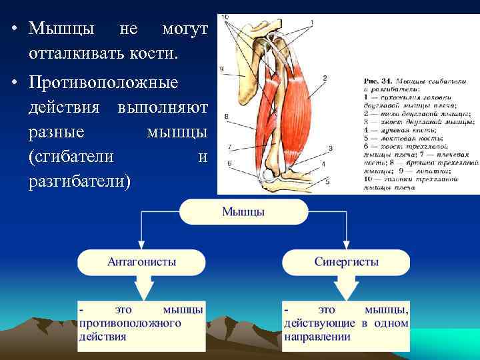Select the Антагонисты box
(142, 262)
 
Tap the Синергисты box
(346, 262)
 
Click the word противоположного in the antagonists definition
(131, 323)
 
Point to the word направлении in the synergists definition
(317, 337)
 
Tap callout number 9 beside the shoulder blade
(221, 69)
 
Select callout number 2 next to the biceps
(325, 78)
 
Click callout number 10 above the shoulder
(225, 17)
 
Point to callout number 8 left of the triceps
(227, 117)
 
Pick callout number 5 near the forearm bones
(328, 180)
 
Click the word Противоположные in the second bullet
(104, 85)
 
